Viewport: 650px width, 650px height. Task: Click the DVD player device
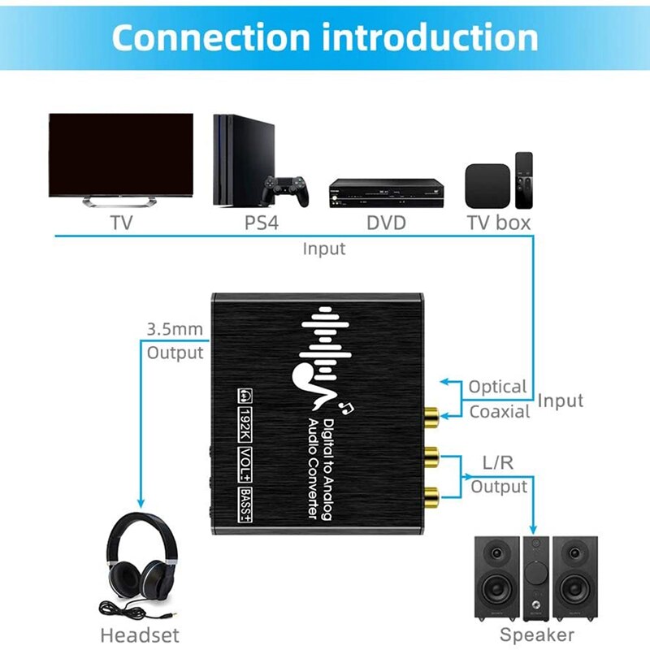tap(386, 193)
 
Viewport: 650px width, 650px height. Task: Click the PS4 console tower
tap(238, 159)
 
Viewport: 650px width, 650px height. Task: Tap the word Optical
tap(497, 387)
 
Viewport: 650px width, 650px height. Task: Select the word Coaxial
tap(499, 411)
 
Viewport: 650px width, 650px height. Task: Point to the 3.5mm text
tap(174, 330)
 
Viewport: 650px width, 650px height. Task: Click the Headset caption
tap(139, 635)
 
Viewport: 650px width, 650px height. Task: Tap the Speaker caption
tap(536, 635)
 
